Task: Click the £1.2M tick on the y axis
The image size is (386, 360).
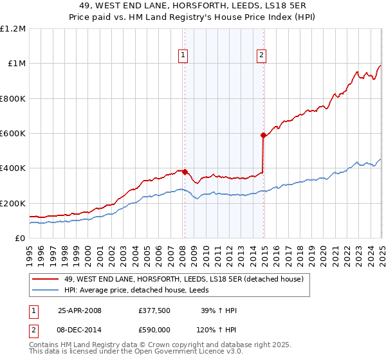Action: (x=13, y=29)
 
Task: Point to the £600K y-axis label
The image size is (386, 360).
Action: (x=13, y=134)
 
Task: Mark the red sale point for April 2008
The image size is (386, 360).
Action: (x=185, y=172)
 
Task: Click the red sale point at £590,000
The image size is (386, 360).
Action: (x=263, y=135)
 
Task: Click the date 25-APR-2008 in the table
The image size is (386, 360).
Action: (x=80, y=310)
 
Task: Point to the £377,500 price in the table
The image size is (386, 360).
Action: (x=154, y=310)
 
